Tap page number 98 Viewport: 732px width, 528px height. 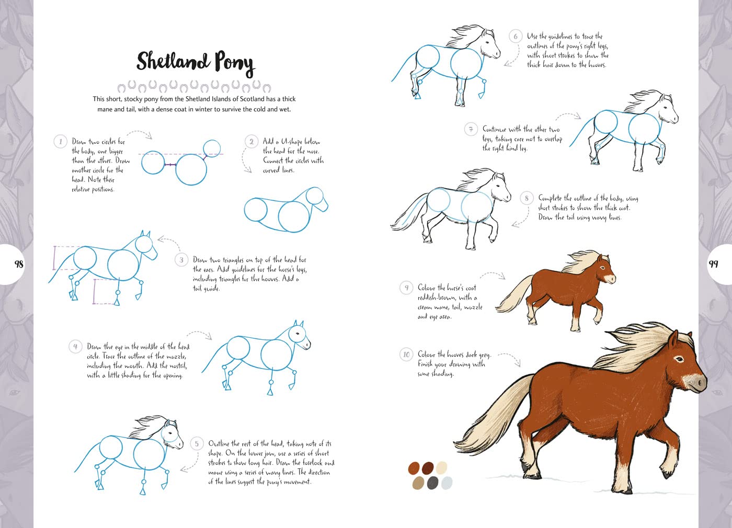click(x=19, y=264)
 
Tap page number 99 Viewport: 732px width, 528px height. click(x=713, y=264)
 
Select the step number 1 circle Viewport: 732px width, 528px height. click(x=61, y=141)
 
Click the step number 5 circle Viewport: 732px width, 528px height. click(x=197, y=444)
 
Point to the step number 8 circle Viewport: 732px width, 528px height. click(x=527, y=198)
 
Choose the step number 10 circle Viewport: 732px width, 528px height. click(x=406, y=354)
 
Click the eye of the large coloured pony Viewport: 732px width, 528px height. click(x=678, y=360)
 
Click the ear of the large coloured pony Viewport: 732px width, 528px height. click(x=673, y=341)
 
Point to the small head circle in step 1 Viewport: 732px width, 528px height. click(x=211, y=147)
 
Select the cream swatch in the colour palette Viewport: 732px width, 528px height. click(x=442, y=467)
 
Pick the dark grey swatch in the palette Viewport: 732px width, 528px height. click(x=432, y=483)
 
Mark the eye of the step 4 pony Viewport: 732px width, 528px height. click(x=298, y=333)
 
